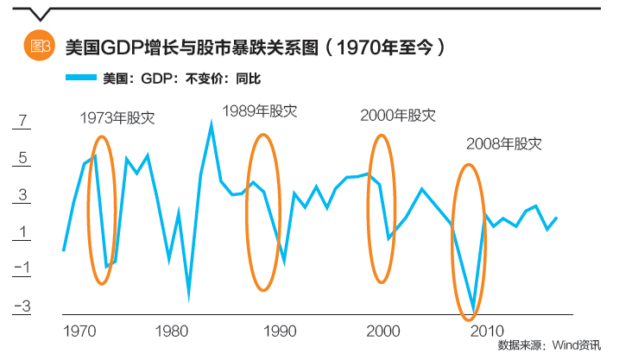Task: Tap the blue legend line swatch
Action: tap(80, 79)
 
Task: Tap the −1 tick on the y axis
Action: tap(22, 268)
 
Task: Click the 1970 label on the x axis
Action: tap(79, 332)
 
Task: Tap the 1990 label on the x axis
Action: tap(281, 332)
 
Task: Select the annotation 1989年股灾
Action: tap(259, 111)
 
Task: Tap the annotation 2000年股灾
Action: tap(398, 115)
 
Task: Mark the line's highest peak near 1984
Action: tap(212, 124)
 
